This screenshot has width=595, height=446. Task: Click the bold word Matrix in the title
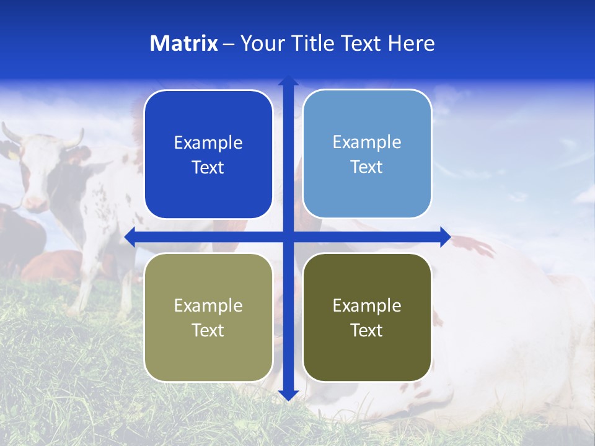pos(184,43)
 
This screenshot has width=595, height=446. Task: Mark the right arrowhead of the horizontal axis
pos(444,237)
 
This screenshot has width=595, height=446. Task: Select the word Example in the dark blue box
pos(208,142)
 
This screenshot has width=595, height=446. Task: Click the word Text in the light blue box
pos(367,167)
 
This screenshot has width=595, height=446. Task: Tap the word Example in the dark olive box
pos(367,305)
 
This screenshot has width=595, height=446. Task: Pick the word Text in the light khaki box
pos(208,330)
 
